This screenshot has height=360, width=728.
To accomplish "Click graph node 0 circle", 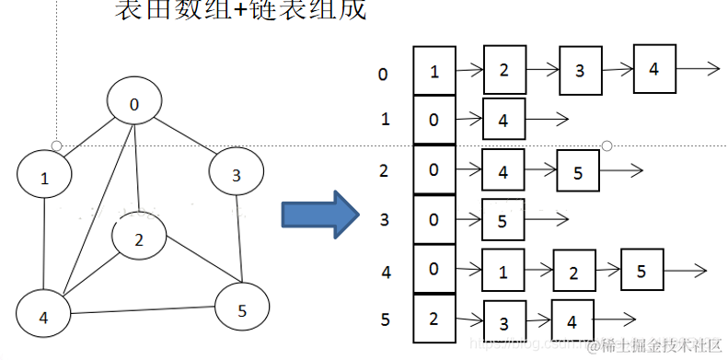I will point(135,104).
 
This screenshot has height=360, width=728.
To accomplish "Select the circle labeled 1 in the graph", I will point(44,178).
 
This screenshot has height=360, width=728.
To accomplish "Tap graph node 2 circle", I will point(139,240).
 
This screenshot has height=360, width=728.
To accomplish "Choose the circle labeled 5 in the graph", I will point(241,309).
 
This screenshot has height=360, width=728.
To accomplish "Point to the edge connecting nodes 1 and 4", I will point(44,247).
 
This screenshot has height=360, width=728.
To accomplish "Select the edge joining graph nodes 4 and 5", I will point(143,313).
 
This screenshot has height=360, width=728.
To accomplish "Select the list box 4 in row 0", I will point(653,69).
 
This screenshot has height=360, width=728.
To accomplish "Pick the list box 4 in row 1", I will point(503,119).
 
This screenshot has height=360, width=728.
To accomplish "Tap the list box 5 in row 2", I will point(578,171).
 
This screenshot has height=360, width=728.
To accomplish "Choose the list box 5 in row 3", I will point(503,221).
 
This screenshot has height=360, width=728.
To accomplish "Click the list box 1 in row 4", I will point(503,272).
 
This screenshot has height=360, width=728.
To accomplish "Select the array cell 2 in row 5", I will point(434,318).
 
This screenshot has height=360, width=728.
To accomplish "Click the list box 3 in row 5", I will point(503,322).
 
